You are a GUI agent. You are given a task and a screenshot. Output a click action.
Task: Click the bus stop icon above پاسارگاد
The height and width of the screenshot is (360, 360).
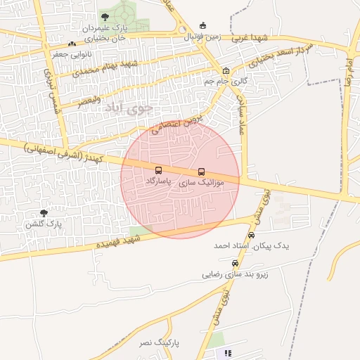click(x=158, y=170)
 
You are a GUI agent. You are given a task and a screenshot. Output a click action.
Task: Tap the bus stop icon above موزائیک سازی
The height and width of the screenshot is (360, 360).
click(x=202, y=172)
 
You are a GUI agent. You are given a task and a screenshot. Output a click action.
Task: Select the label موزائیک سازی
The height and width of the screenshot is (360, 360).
click(x=202, y=182)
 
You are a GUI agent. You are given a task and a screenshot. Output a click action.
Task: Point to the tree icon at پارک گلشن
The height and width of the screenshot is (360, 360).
click(x=44, y=213)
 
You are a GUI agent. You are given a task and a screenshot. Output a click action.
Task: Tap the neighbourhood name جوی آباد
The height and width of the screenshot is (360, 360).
click(x=128, y=108)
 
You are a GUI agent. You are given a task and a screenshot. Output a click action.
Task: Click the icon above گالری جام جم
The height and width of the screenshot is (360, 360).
click(x=226, y=71)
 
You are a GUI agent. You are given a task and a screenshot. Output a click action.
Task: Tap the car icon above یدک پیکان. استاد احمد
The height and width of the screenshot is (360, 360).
click(x=251, y=236)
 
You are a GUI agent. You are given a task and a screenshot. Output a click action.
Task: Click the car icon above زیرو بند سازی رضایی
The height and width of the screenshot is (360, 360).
click(x=245, y=263)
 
